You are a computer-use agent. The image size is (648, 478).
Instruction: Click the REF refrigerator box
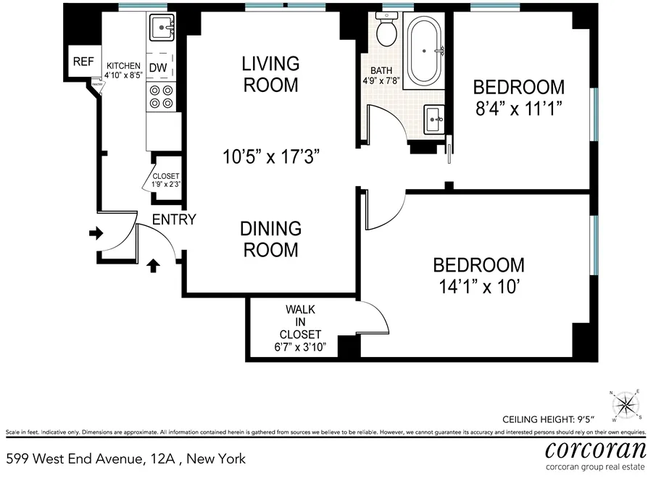(83, 62)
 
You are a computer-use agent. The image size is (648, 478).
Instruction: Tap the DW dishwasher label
(158, 68)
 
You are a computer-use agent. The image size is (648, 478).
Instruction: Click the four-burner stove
(160, 97)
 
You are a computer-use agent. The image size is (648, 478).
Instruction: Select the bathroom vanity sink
(434, 117)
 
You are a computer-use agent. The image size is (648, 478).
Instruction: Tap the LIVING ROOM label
(270, 74)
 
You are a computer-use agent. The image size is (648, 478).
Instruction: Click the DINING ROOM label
(270, 239)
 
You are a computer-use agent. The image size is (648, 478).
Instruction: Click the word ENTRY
(173, 219)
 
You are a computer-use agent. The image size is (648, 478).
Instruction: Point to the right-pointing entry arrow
(95, 233)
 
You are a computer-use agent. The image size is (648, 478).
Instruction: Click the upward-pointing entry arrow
(153, 266)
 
